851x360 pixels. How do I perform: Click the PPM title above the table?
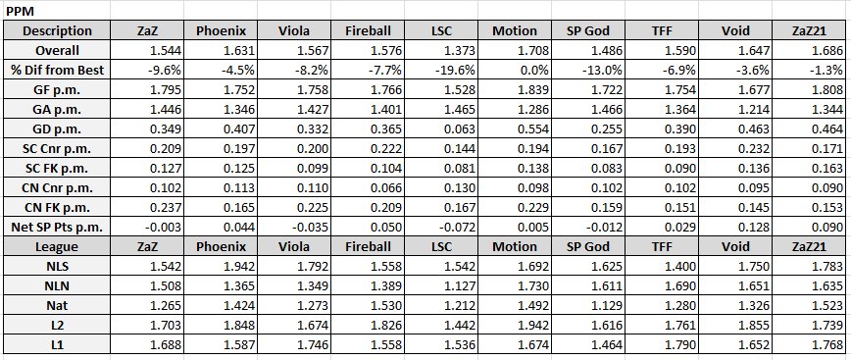(20, 11)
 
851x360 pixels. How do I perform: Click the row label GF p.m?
(57, 89)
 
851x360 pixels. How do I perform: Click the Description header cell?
(57, 31)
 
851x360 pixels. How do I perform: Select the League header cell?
(57, 247)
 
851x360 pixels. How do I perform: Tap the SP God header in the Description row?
(588, 31)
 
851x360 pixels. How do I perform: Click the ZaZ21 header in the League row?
(809, 247)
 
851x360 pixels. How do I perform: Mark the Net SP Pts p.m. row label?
(57, 228)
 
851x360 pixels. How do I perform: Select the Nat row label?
(57, 306)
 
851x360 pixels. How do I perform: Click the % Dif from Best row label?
(57, 70)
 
